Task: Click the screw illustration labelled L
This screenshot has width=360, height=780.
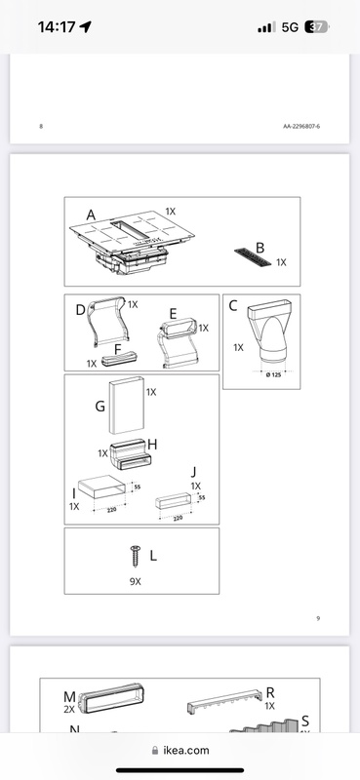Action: tap(136, 556)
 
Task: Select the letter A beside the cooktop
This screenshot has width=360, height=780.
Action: tap(91, 215)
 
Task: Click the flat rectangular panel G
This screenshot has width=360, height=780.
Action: tap(127, 405)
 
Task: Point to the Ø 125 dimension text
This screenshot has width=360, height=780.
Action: tap(273, 374)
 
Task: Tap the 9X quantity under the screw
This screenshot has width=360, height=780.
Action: tap(135, 581)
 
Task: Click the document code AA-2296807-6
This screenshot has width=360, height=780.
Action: tap(301, 127)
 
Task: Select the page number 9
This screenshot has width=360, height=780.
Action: tap(318, 618)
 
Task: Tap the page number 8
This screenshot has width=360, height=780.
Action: tap(41, 127)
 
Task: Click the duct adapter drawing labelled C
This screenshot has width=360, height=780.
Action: tap(269, 331)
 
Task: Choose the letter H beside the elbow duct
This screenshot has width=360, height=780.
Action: tap(152, 445)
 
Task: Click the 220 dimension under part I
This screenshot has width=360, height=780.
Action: tap(111, 510)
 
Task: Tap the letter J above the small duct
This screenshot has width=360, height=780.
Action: tap(194, 472)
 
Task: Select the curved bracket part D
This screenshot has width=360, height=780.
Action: tap(107, 321)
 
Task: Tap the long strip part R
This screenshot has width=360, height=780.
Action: tap(225, 700)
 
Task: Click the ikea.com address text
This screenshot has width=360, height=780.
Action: tap(186, 750)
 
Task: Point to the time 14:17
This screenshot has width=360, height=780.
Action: tap(57, 27)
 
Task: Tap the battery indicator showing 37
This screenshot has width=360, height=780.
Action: tap(316, 27)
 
